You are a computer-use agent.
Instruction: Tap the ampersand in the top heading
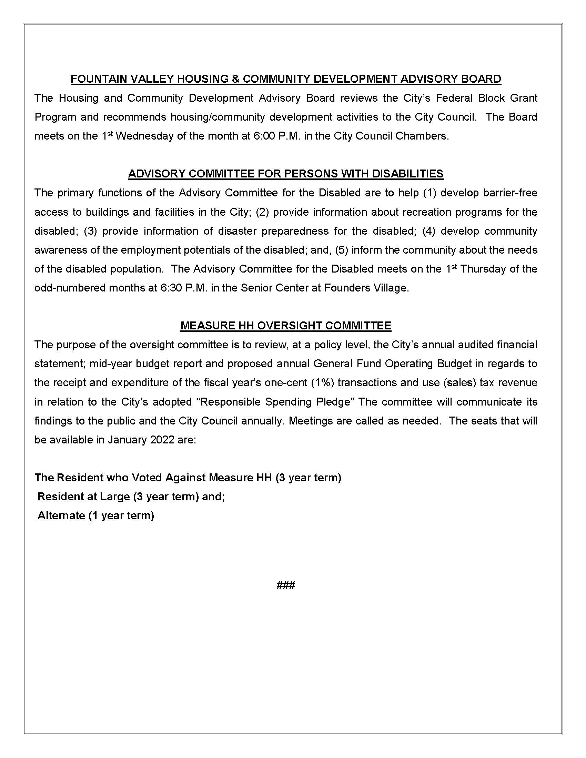click(235, 79)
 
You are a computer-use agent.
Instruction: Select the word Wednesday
click(144, 136)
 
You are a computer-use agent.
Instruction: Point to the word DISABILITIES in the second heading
click(407, 174)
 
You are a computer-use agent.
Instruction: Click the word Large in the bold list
click(114, 497)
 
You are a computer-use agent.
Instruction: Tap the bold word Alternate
click(61, 516)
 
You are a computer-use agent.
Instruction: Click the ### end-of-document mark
click(286, 585)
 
